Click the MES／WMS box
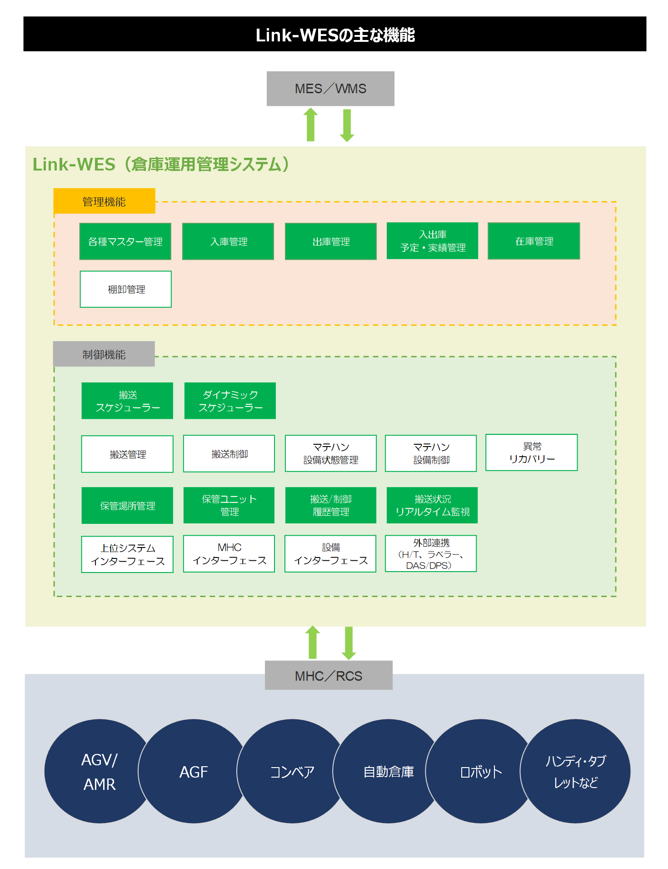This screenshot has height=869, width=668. tap(331, 89)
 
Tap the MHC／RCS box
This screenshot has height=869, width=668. tap(329, 676)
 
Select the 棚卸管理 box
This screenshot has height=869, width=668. tap(126, 289)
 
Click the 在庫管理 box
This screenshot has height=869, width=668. tap(534, 241)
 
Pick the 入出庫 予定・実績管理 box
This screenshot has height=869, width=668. tap(432, 241)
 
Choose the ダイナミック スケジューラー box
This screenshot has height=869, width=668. tap(230, 401)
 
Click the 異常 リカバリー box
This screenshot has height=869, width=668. tap(532, 452)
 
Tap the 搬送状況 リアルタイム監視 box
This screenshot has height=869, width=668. tap(432, 505)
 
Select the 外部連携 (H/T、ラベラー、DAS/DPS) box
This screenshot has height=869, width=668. tap(431, 553)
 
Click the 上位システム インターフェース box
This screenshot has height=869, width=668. tap(127, 554)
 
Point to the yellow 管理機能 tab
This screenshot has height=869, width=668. tap(104, 201)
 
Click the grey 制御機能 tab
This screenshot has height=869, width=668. tap(104, 354)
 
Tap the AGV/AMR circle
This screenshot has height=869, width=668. tap(99, 771)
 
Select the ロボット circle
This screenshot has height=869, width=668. tap(480, 771)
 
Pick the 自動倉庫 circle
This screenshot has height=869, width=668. tap(388, 771)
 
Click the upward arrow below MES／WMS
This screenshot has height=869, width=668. tap(311, 125)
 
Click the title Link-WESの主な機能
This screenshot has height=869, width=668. tap(335, 35)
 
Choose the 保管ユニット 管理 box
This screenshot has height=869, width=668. tap(229, 505)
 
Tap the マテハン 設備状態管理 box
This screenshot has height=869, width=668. tap(331, 453)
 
